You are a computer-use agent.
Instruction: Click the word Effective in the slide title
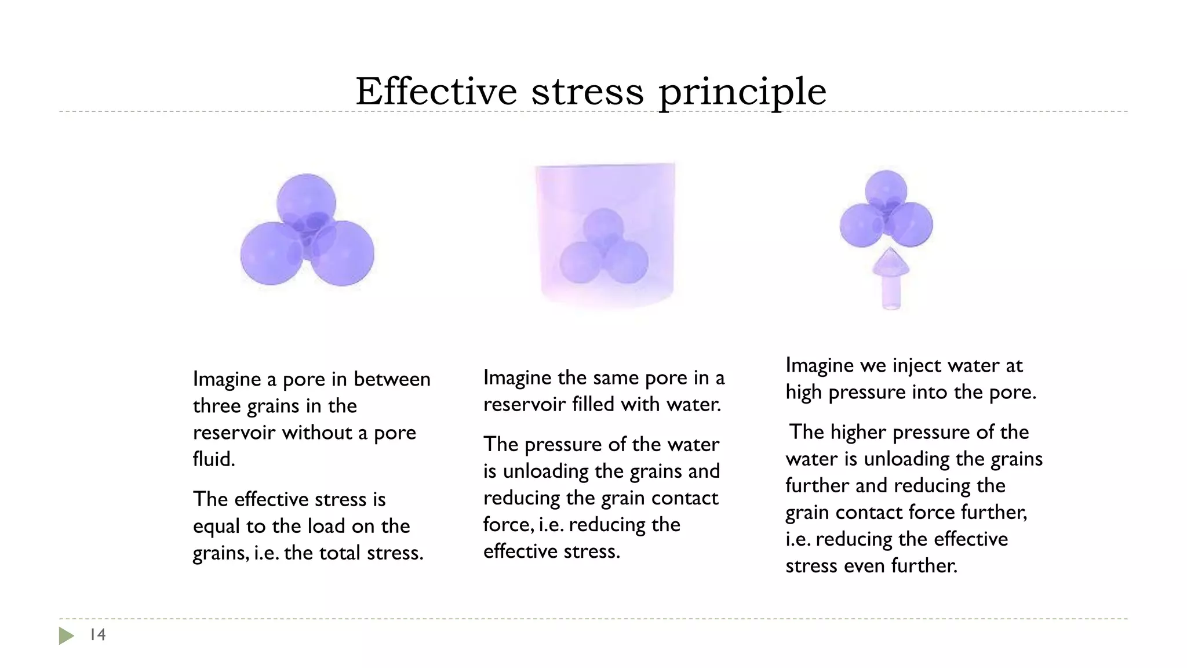(x=436, y=91)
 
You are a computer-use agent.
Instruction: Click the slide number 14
(x=97, y=635)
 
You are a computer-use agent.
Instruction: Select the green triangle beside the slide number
(x=66, y=636)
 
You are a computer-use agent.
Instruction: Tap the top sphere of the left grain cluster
(x=305, y=200)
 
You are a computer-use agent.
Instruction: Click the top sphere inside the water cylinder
(x=603, y=227)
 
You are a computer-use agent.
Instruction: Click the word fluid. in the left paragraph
(x=214, y=459)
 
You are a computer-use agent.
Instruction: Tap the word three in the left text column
(x=217, y=406)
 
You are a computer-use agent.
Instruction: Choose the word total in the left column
(x=341, y=553)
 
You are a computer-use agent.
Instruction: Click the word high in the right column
(x=804, y=392)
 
